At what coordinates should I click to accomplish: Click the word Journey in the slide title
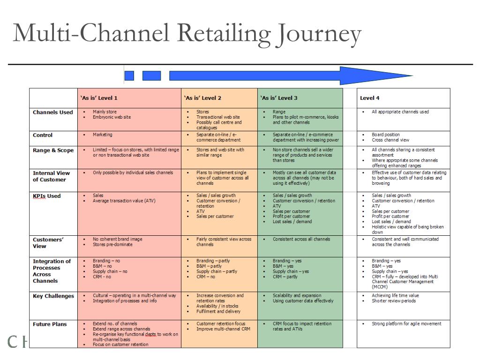tap(319, 34)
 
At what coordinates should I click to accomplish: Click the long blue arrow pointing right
tap(291, 75)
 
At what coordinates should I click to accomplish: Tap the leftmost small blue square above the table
tap(129, 75)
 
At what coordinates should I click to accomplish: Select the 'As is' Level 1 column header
tap(99, 98)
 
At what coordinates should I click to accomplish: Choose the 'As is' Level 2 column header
tap(202, 98)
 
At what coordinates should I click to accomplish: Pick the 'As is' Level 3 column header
tap(279, 98)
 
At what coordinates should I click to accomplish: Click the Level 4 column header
tap(369, 98)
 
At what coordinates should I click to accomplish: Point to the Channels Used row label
tap(53, 112)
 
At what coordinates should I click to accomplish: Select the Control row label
tap(43, 135)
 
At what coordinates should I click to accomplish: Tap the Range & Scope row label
tap(53, 150)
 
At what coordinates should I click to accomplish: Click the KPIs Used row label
tap(47, 196)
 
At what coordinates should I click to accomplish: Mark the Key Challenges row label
tap(53, 296)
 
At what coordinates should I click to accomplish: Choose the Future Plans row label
tap(50, 324)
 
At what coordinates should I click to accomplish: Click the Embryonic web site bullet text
tap(112, 117)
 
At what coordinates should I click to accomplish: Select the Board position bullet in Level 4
tap(386, 135)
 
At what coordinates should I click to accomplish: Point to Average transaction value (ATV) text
tap(124, 201)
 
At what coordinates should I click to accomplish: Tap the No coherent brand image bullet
tap(118, 239)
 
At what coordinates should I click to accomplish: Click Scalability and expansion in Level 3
tap(297, 295)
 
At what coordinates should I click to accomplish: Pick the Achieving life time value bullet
tap(395, 295)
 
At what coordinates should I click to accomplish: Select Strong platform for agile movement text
tap(406, 323)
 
